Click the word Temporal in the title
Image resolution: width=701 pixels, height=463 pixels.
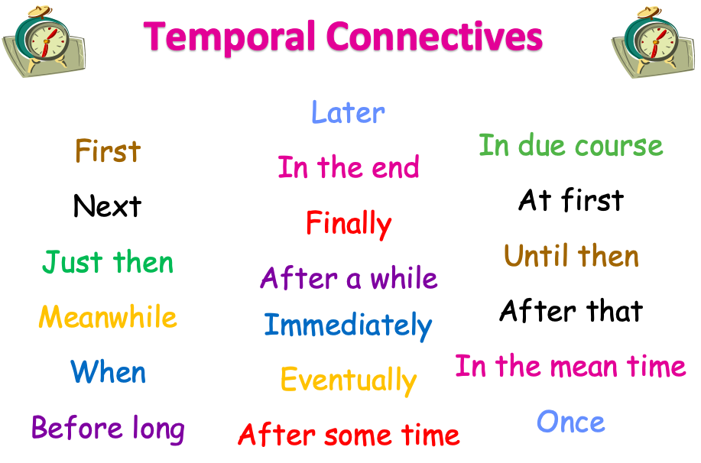pyautogui.click(x=229, y=37)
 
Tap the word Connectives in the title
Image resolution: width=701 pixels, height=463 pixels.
pyautogui.click(x=434, y=36)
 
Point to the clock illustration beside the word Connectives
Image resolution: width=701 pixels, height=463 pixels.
pyautogui.click(x=654, y=42)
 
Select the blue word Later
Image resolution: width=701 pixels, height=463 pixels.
pyautogui.click(x=348, y=112)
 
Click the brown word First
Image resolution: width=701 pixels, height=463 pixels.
pyautogui.click(x=108, y=151)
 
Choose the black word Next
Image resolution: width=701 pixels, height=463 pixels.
pyautogui.click(x=107, y=206)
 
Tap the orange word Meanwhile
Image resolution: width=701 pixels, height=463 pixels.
pyautogui.click(x=108, y=317)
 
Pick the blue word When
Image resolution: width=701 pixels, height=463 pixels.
pyautogui.click(x=109, y=372)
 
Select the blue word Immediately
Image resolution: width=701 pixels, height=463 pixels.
pyautogui.click(x=348, y=325)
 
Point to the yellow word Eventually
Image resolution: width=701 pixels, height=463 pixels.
pyautogui.click(x=349, y=380)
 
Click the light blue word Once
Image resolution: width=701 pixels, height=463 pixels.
pyautogui.click(x=571, y=422)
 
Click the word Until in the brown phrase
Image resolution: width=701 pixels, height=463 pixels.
pyautogui.click(x=536, y=256)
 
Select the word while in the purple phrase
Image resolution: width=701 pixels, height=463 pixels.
pyautogui.click(x=404, y=277)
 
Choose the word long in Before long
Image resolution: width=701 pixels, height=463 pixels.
pyautogui.click(x=159, y=429)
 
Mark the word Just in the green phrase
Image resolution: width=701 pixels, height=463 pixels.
pyautogui.click(x=73, y=262)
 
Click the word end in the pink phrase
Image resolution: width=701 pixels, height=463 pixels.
pyautogui.click(x=395, y=167)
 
